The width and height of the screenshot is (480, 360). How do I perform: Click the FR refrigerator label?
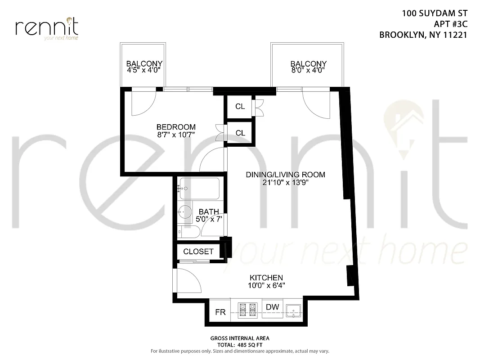tap(220, 312)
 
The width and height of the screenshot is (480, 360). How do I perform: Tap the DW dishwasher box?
tap(272, 308)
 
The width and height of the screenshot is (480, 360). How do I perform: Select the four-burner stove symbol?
tap(247, 310)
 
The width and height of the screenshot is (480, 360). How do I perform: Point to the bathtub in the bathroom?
tap(199, 189)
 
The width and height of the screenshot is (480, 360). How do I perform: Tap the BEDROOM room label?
tap(176, 127)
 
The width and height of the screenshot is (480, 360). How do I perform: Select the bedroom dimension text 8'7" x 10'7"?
tap(176, 135)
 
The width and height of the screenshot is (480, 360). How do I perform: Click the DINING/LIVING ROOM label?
tap(285, 175)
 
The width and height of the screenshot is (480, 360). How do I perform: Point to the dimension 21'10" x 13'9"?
tap(285, 182)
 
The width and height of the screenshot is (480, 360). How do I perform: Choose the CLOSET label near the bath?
tap(198, 252)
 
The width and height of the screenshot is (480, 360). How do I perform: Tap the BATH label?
tap(209, 211)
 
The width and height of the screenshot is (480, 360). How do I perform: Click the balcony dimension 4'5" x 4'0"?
tap(144, 71)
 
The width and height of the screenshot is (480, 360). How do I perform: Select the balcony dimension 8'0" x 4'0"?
tap(308, 71)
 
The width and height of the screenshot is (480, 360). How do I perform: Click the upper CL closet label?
tap(240, 107)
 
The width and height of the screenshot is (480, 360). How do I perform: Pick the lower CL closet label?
tap(240, 133)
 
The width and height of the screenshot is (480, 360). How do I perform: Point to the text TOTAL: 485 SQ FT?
tap(240, 344)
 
